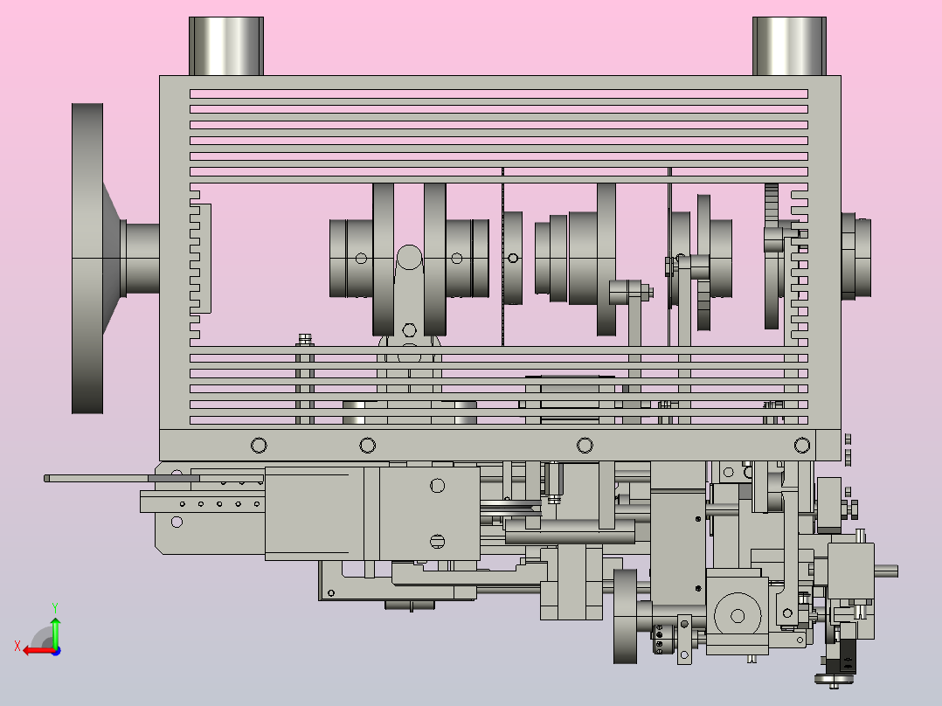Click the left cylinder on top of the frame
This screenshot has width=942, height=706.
click(x=225, y=45)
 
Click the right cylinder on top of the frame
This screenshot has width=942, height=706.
click(x=789, y=45)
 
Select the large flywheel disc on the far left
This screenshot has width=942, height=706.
click(x=87, y=259)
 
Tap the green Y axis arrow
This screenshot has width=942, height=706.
click(x=55, y=631)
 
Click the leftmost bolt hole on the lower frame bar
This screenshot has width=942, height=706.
click(x=259, y=446)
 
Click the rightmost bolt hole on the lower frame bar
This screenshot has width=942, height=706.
click(x=802, y=446)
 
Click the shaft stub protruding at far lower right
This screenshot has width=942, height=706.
click(x=886, y=571)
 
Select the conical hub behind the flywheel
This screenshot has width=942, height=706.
click(x=112, y=259)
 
